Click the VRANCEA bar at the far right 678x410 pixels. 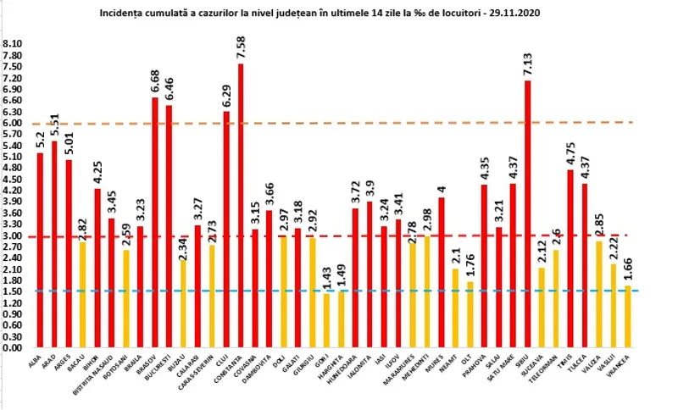pyautogui.click(x=627, y=317)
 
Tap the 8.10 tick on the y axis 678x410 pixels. pyautogui.click(x=13, y=43)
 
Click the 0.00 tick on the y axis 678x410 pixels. pyautogui.click(x=13, y=347)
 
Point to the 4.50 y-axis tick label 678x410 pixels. pyautogui.click(x=13, y=179)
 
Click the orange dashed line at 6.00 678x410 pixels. pyautogui.click(x=339, y=123)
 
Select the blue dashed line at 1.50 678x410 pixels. pyautogui.click(x=339, y=291)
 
